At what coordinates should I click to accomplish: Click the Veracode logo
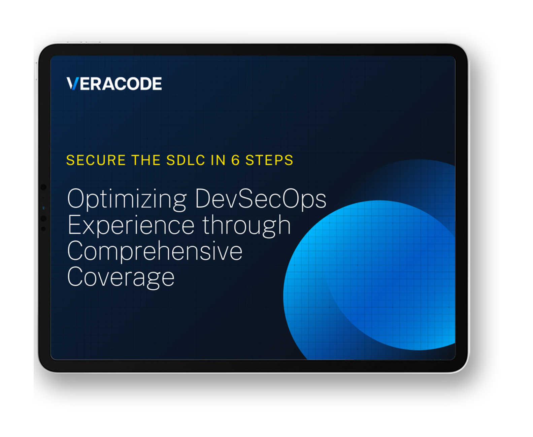click(114, 83)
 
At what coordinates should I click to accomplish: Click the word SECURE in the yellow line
click(96, 160)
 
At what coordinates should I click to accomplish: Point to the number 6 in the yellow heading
click(235, 160)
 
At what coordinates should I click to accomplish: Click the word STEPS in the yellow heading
click(269, 160)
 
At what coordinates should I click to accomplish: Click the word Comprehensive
click(155, 251)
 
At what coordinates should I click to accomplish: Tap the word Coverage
click(121, 278)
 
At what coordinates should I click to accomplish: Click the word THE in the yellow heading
click(146, 160)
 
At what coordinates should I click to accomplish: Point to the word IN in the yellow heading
click(218, 160)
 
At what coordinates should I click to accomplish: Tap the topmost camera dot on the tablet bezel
click(43, 187)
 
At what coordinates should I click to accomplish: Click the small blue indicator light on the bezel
click(43, 208)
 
